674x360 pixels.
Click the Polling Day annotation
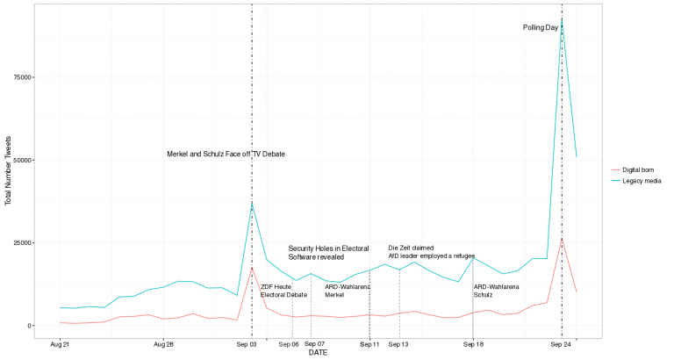[541, 27]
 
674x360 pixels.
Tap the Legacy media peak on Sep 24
[562, 19]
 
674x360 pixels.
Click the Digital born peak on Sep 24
[562, 239]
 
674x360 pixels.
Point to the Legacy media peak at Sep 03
[252, 204]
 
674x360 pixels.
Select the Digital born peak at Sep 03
[252, 268]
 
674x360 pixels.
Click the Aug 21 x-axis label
[60, 345]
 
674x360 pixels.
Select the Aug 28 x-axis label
[163, 345]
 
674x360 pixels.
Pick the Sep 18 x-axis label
[473, 345]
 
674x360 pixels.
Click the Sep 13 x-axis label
[399, 345]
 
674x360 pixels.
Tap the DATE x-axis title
[318, 353]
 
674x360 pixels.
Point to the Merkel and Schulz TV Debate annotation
[226, 155]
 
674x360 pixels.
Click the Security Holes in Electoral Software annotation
[328, 253]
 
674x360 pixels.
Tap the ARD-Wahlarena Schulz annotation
[496, 291]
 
